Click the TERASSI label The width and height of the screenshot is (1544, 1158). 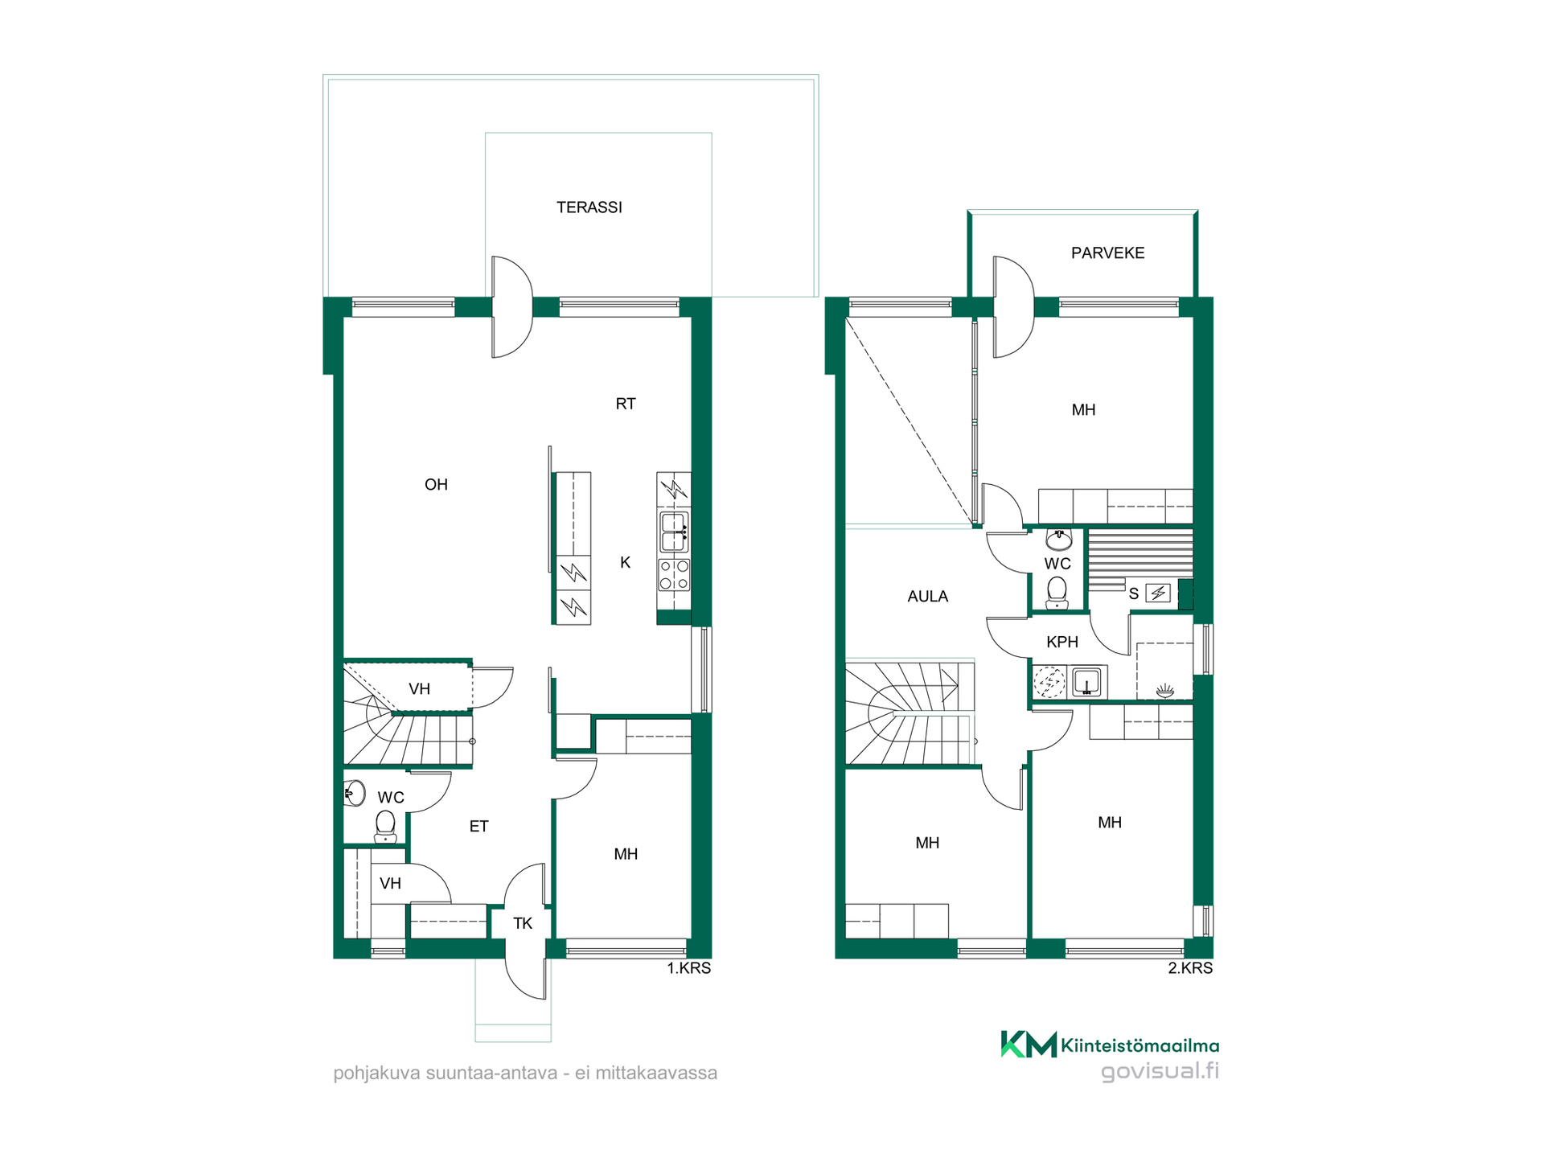[589, 207]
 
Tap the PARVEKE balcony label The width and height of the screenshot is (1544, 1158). [1107, 253]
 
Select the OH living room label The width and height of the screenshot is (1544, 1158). [436, 484]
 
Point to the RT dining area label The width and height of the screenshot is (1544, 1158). [626, 404]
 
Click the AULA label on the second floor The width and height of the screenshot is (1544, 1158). [927, 597]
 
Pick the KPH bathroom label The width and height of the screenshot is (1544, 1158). [1061, 643]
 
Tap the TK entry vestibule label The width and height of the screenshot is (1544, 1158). [523, 924]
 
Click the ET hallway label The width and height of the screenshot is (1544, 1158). [478, 827]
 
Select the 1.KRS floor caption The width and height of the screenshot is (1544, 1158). [689, 968]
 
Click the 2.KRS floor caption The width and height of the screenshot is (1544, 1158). [1190, 968]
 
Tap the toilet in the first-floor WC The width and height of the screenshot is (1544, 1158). [385, 826]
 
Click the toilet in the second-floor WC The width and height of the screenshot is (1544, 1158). [1057, 592]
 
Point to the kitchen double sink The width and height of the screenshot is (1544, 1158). [674, 532]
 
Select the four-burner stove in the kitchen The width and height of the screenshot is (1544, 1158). [674, 575]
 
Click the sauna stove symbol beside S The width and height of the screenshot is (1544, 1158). [1158, 593]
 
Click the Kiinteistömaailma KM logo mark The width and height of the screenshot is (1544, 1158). [1029, 1044]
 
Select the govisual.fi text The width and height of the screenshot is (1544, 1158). [1160, 1071]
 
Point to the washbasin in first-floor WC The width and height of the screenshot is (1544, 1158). [355, 793]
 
